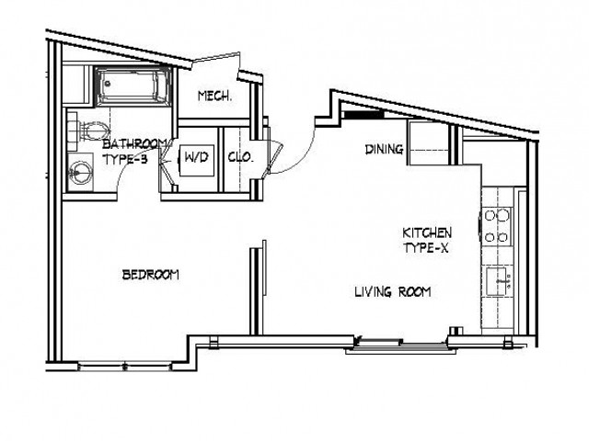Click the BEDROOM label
tap(151, 275)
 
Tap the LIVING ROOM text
tap(394, 292)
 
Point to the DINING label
tap(382, 150)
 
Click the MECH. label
tap(214, 96)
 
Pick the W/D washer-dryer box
tap(196, 158)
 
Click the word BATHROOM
tap(134, 143)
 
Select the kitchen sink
tap(498, 278)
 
